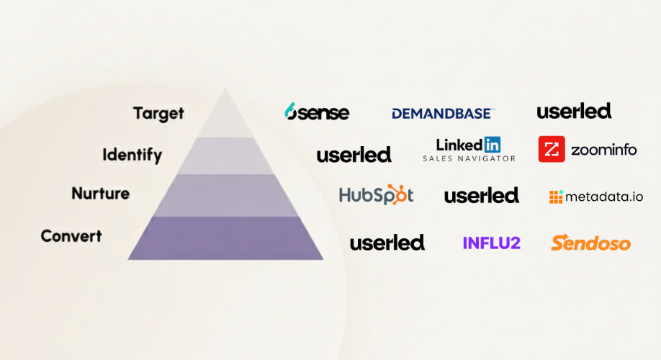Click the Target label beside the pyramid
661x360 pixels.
pyautogui.click(x=158, y=113)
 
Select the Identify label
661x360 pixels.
pyautogui.click(x=132, y=154)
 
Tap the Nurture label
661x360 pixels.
pyautogui.click(x=100, y=194)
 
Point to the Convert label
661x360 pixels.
pyautogui.click(x=71, y=235)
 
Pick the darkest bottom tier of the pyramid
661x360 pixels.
pyautogui.click(x=225, y=238)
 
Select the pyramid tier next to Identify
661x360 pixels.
pyautogui.click(x=225, y=156)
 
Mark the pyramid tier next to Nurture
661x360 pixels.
pyautogui.click(x=225, y=195)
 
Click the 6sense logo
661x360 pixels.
pyautogui.click(x=317, y=112)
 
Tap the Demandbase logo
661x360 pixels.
pyautogui.click(x=443, y=113)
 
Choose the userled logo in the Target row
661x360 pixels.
pyautogui.click(x=574, y=111)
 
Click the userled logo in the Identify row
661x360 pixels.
pyautogui.click(x=354, y=154)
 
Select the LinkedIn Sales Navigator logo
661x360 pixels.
pyautogui.click(x=469, y=149)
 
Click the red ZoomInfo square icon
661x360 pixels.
pyautogui.click(x=552, y=150)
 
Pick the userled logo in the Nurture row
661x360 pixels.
pyautogui.click(x=481, y=195)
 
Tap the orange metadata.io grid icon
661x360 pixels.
pyautogui.click(x=556, y=197)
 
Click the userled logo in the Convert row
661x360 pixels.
pyautogui.click(x=387, y=243)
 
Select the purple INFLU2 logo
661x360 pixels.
pyautogui.click(x=491, y=243)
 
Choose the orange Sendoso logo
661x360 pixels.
pyautogui.click(x=590, y=243)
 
